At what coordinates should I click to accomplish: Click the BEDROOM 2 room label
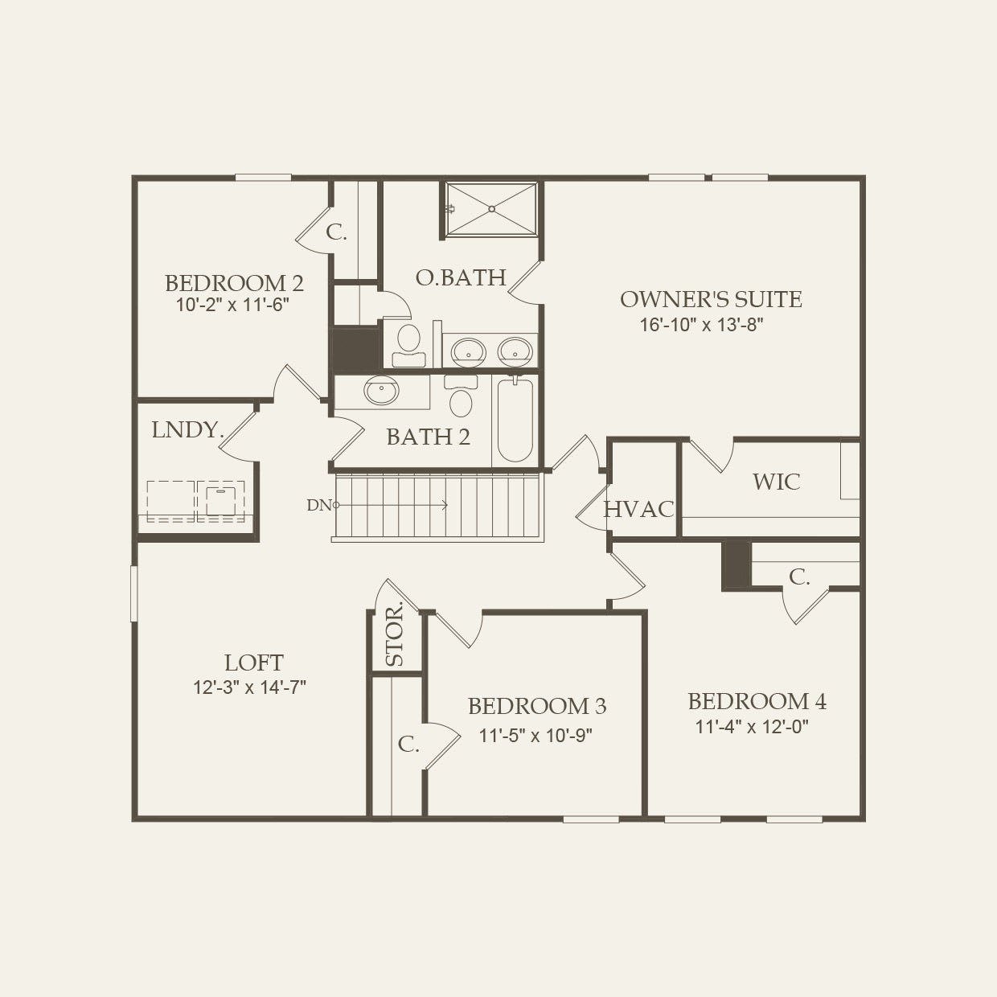(234, 283)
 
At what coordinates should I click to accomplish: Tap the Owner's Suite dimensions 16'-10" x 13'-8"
(700, 325)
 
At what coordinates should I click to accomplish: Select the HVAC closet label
(638, 509)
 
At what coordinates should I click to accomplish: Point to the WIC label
(776, 482)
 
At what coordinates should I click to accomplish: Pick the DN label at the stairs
(318, 505)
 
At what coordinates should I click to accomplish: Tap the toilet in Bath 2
(461, 397)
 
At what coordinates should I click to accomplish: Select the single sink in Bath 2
(380, 391)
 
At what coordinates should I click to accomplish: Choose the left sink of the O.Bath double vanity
(467, 351)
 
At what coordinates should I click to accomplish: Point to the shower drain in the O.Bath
(491, 209)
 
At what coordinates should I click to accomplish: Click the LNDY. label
(187, 430)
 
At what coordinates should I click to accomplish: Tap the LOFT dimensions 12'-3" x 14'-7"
(249, 687)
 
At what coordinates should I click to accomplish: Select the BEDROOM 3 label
(536, 706)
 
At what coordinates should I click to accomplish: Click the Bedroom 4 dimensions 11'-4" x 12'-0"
(751, 727)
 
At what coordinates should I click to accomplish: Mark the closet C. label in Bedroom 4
(798, 576)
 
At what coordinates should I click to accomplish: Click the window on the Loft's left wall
(134, 593)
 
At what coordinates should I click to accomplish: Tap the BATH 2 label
(428, 437)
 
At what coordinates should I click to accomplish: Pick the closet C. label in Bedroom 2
(336, 233)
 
